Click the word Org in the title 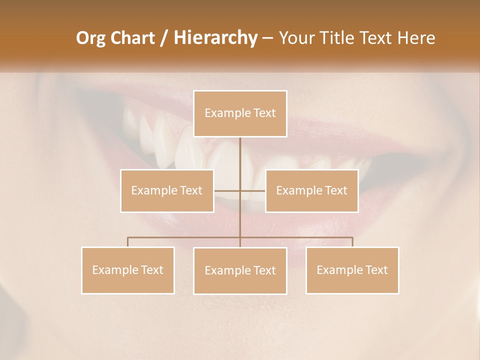90,38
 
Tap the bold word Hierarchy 215,38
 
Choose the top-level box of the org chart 240,113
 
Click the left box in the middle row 167,190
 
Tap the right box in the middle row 312,190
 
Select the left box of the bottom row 128,270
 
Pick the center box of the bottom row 240,270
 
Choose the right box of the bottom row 352,270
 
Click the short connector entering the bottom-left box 127,242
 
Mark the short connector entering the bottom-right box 352,242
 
